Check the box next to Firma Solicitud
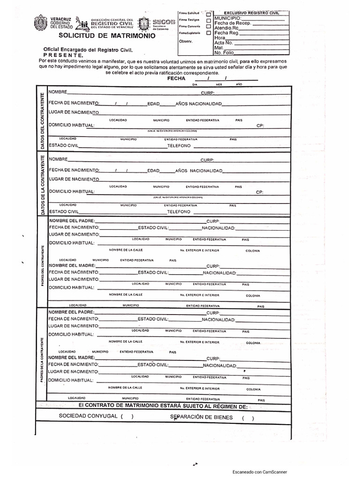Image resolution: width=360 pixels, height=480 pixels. (x=209, y=14)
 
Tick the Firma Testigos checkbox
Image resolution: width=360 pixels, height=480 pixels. (x=209, y=20)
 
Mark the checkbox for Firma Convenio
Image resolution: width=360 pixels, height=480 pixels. (x=209, y=27)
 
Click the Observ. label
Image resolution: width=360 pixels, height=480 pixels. (x=186, y=41)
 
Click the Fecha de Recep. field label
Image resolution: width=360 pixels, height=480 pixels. (x=233, y=23)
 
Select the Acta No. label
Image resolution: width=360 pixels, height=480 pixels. (x=224, y=43)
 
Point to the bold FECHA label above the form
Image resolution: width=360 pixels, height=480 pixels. (x=176, y=79)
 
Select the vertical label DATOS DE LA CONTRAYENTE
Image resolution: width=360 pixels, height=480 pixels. (x=43, y=185)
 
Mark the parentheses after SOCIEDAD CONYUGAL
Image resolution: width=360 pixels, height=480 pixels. (x=127, y=416)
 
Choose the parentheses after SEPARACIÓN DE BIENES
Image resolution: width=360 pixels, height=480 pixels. (x=247, y=418)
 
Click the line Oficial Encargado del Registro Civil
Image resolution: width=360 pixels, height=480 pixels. (x=88, y=49)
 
